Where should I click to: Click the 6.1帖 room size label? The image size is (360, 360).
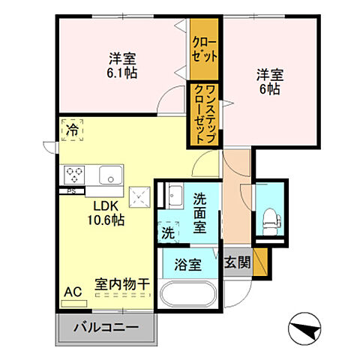click(121, 73)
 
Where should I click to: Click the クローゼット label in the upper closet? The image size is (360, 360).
click(204, 48)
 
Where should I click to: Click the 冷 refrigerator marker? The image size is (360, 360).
click(72, 130)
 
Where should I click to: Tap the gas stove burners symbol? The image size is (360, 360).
click(76, 175)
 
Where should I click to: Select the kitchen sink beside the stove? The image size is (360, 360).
click(109, 176)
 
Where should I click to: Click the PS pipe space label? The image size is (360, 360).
click(71, 190)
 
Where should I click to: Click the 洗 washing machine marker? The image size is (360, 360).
click(169, 232)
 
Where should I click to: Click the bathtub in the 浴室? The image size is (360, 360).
click(189, 293)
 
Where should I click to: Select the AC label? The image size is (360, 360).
click(72, 291)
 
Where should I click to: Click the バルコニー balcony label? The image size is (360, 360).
click(106, 328)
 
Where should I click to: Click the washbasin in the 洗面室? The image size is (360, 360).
click(175, 197)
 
